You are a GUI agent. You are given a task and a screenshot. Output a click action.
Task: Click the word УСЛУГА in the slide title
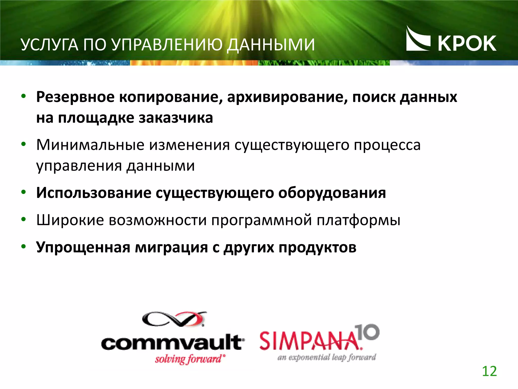(x=49, y=45)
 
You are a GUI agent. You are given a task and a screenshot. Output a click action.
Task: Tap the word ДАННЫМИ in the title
(x=271, y=45)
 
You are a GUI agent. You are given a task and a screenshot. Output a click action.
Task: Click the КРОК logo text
(x=467, y=44)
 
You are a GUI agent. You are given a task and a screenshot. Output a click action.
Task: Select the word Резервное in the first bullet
(x=75, y=97)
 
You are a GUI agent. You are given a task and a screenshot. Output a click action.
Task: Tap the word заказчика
(x=176, y=118)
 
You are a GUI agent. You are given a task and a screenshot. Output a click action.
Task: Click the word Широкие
(x=70, y=220)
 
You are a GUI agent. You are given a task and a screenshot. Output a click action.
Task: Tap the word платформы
(x=358, y=220)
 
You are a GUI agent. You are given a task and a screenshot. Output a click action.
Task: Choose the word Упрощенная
(x=83, y=247)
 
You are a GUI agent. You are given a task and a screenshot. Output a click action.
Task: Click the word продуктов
(x=317, y=247)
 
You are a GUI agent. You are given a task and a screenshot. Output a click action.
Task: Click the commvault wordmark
(x=172, y=342)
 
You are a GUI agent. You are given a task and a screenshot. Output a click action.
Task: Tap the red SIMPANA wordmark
(x=310, y=341)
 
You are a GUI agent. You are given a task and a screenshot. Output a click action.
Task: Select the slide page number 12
(x=489, y=371)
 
